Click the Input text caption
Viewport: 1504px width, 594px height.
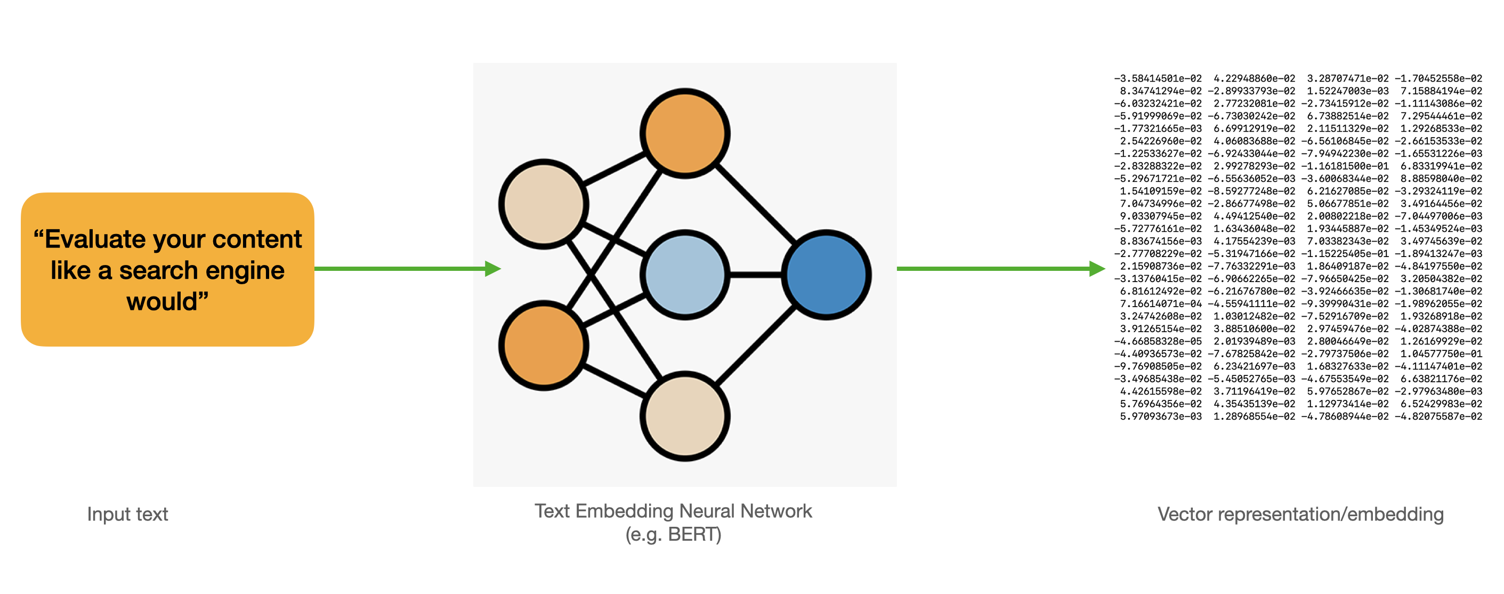[127, 514]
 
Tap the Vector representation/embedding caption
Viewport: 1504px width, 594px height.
[1300, 514]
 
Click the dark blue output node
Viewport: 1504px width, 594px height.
[826, 275]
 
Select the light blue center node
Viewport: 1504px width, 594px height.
[685, 275]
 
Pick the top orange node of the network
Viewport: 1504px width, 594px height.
[685, 133]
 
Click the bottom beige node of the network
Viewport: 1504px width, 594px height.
[685, 416]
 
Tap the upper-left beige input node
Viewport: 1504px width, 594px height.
[544, 204]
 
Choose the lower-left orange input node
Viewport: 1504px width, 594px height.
[544, 345]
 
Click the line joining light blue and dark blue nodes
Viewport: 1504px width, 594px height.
[756, 275]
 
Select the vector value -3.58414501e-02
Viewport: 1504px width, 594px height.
[1158, 78]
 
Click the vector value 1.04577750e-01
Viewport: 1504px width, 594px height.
[1441, 354]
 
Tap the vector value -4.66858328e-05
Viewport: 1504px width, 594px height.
[1158, 341]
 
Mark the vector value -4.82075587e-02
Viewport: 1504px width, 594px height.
[1438, 416]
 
